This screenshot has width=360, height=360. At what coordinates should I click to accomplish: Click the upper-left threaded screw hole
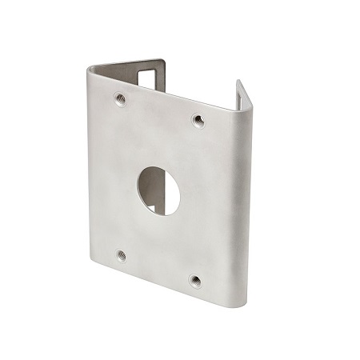point(120,100)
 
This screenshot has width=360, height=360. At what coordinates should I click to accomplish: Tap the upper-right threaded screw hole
point(198,121)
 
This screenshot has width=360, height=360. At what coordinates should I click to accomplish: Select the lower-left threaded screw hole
point(122,256)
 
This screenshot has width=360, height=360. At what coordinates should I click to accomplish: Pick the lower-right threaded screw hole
point(195,281)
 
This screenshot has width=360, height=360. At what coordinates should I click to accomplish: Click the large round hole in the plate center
point(158,190)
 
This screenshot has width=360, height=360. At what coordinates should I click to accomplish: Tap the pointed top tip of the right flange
point(238,82)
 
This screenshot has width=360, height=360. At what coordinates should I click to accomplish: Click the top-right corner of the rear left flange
point(165,61)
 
